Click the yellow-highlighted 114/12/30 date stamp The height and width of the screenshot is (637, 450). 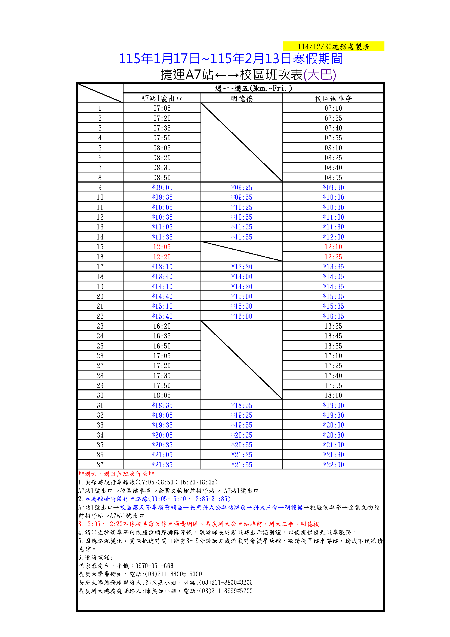[333, 47]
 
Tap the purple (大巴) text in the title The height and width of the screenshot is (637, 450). [320, 75]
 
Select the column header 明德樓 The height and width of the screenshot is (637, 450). [242, 98]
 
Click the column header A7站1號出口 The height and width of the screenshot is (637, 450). [162, 98]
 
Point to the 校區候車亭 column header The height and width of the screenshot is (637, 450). [333, 98]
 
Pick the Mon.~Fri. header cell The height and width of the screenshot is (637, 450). [253, 88]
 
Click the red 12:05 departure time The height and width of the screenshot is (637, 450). [162, 247]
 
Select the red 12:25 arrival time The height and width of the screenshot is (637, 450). [333, 257]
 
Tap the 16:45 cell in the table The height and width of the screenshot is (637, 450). [333, 336]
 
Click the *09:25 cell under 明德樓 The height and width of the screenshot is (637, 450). [242, 187]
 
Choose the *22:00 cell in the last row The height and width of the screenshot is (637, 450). [333, 465]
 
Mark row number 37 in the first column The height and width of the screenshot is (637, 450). [100, 465]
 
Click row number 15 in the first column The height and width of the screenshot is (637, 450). [100, 247]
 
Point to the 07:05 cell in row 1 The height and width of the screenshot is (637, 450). [162, 108]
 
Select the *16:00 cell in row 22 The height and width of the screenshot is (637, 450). [242, 316]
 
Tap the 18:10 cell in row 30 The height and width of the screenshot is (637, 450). [333, 395]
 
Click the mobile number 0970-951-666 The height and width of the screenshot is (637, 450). [154, 566]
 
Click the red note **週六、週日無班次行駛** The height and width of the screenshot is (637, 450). [116, 474]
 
